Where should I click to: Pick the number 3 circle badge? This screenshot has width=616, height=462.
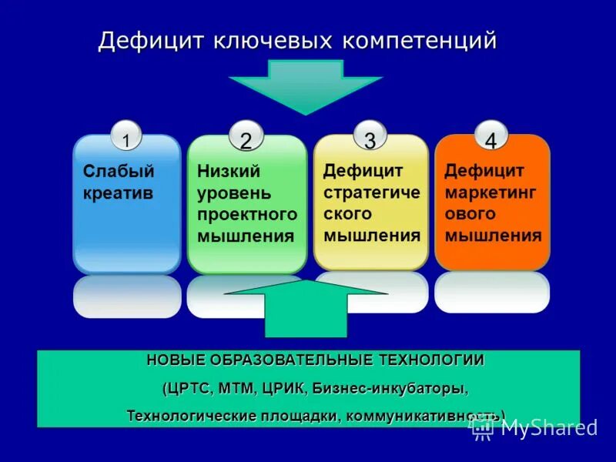(x=370, y=139)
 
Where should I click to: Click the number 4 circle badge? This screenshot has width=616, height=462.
(x=490, y=139)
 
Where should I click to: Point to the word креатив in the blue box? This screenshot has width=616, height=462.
(x=118, y=192)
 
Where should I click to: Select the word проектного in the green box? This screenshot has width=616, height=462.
(x=247, y=214)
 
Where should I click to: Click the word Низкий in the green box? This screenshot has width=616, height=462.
(x=229, y=171)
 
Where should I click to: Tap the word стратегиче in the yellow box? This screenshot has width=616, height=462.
(x=372, y=192)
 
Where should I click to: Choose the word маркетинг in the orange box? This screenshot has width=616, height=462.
(x=490, y=192)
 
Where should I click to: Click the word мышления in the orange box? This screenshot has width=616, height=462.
(x=493, y=235)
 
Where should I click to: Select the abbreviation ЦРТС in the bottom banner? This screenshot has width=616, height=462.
(x=189, y=389)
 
